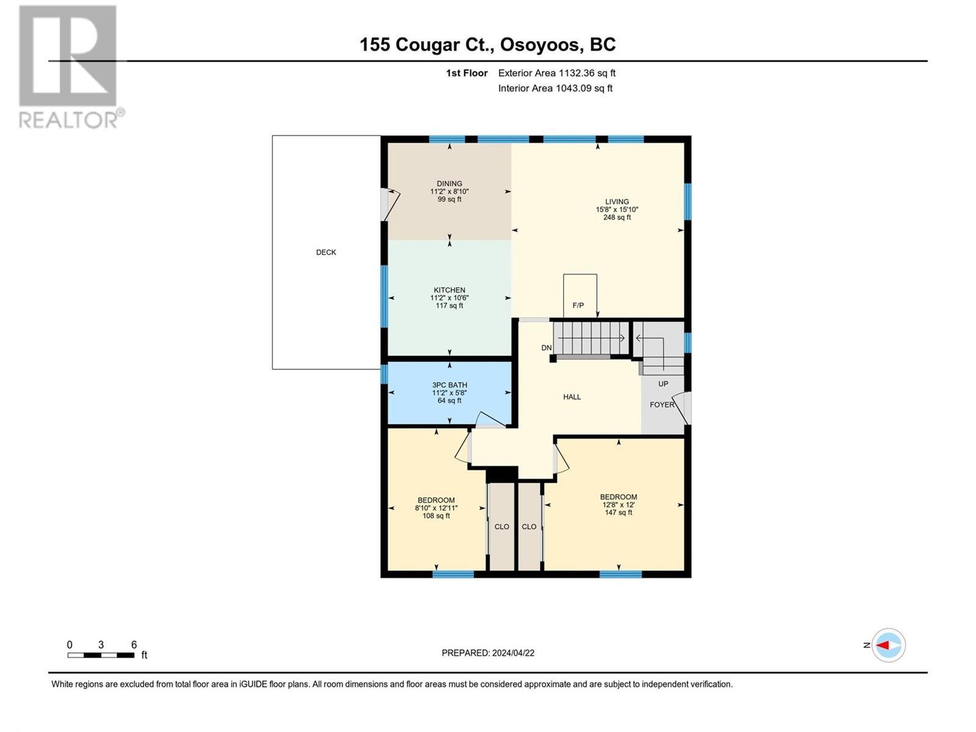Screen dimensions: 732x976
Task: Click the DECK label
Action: click(x=326, y=252)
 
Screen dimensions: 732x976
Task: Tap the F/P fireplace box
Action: click(x=579, y=296)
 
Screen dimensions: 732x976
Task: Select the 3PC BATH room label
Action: click(x=449, y=385)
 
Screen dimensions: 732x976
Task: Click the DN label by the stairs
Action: click(x=546, y=348)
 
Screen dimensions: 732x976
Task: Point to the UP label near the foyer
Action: click(x=663, y=384)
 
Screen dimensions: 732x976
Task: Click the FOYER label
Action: click(x=661, y=404)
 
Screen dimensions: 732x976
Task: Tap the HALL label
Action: click(x=572, y=396)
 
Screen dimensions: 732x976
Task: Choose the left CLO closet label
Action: click(x=501, y=526)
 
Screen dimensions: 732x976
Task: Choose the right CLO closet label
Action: click(x=529, y=526)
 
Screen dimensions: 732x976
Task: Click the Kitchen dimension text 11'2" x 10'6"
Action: click(x=449, y=298)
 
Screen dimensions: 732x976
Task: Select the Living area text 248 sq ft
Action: click(x=617, y=217)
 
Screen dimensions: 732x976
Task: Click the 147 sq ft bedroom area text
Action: click(x=618, y=512)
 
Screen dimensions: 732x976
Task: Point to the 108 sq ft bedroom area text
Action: click(x=436, y=515)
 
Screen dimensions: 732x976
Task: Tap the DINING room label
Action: click(x=449, y=184)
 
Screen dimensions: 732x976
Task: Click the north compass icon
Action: click(x=888, y=645)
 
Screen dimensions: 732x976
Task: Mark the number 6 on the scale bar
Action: click(x=134, y=645)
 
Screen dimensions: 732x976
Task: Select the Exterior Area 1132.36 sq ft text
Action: click(x=556, y=73)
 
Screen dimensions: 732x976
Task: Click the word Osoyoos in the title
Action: click(x=539, y=45)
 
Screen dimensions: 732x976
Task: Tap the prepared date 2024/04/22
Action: click(x=513, y=653)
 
